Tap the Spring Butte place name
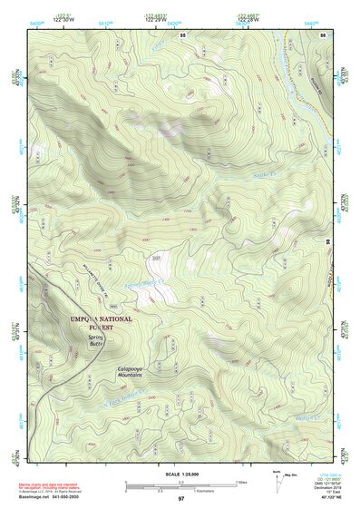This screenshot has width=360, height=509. point(97,339)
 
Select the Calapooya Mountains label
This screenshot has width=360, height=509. point(133,372)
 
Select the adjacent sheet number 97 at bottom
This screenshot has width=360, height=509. point(180,499)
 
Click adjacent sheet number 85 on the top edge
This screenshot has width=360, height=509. point(182,34)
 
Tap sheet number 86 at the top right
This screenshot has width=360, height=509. point(322,34)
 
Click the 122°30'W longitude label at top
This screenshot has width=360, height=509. point(63,18)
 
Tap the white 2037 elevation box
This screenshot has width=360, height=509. point(155,259)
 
